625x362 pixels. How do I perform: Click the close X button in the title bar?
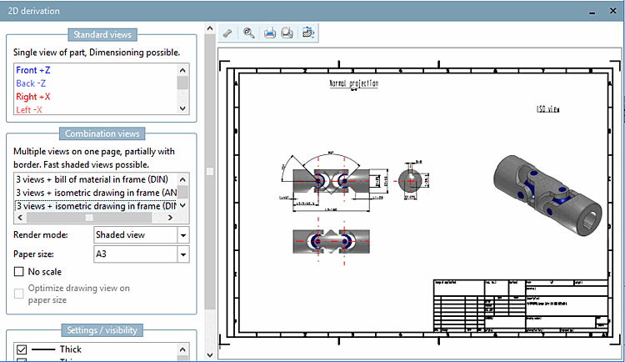[613, 10]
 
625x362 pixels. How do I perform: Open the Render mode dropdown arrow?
[183, 235]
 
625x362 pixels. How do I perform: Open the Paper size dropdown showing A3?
[183, 254]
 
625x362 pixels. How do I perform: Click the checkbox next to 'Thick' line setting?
[22, 349]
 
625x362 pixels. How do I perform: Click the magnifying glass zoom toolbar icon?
[248, 33]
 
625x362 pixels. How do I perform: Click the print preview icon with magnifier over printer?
[287, 33]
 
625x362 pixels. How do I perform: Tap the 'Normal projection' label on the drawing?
[353, 84]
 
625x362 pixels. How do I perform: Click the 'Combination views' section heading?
[101, 133]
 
